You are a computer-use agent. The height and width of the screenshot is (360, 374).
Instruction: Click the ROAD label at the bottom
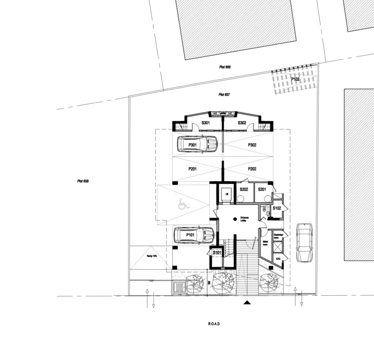(x=214, y=324)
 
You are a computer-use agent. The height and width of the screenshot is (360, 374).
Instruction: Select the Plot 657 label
(x=224, y=95)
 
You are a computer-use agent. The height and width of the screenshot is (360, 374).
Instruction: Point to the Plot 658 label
(x=83, y=181)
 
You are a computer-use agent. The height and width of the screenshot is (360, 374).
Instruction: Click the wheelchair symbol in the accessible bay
(x=184, y=205)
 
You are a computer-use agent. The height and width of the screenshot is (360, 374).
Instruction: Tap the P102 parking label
(x=296, y=79)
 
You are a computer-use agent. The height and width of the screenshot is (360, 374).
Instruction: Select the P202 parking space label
(x=252, y=169)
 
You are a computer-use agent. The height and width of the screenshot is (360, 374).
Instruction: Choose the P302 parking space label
(x=252, y=145)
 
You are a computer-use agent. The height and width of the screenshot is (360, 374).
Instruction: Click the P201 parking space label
(x=191, y=169)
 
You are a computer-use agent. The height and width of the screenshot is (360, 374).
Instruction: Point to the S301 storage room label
(x=205, y=123)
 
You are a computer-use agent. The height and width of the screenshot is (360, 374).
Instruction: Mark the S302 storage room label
(x=242, y=123)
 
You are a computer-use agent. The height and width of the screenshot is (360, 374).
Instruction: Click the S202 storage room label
(x=244, y=189)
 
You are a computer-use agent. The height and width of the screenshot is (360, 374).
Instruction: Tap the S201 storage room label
(x=262, y=189)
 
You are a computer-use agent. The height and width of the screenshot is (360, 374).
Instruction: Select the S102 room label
(x=277, y=208)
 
